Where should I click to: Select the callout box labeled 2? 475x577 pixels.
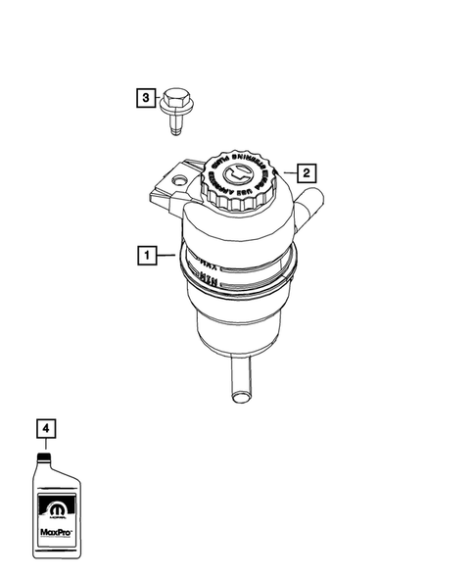[306, 173]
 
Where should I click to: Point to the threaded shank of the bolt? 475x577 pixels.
[177, 126]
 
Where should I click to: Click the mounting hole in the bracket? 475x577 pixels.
[178, 180]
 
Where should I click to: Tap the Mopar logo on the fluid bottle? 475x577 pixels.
[53, 510]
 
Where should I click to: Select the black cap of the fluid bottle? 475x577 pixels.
[44, 457]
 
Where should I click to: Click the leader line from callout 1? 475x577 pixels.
[166, 257]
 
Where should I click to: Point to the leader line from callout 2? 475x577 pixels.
[287, 173]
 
